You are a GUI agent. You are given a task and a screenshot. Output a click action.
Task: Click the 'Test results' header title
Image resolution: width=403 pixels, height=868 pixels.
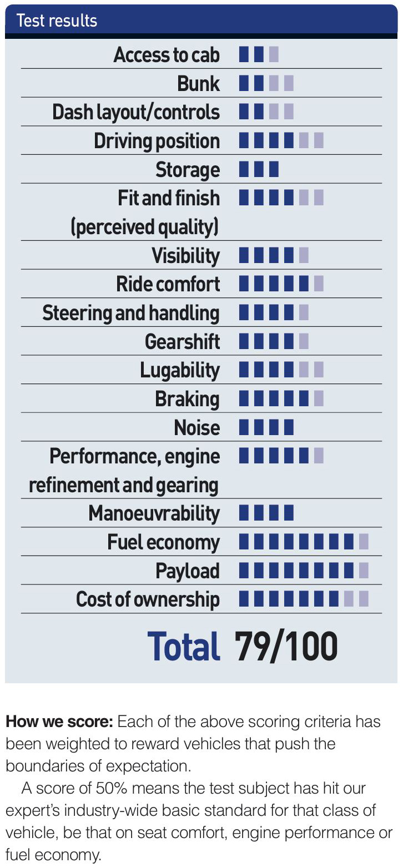click(x=57, y=21)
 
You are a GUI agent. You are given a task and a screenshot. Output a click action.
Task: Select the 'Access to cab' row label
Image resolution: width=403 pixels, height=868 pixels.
click(x=167, y=55)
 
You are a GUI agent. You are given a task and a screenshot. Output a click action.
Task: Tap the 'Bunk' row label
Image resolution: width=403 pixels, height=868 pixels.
click(x=198, y=84)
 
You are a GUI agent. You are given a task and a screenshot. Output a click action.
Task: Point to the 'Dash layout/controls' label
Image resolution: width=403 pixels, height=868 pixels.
click(x=136, y=112)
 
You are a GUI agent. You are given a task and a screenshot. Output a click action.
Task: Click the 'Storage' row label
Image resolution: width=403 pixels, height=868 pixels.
click(x=188, y=170)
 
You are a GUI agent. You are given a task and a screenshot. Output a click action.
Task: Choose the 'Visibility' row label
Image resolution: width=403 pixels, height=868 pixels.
click(x=185, y=256)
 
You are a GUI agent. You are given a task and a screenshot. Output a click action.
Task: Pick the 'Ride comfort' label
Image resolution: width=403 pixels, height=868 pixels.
click(x=168, y=284)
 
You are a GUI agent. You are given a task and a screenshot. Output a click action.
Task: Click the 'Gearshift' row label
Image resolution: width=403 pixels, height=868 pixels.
click(x=182, y=341)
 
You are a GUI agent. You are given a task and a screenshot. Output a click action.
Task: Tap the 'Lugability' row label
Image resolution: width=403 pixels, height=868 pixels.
click(x=180, y=370)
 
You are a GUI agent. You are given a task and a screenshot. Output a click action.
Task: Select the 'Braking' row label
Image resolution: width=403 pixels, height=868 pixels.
click(x=187, y=399)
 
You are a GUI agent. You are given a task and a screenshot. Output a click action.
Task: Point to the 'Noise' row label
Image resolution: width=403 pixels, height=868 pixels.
click(x=197, y=428)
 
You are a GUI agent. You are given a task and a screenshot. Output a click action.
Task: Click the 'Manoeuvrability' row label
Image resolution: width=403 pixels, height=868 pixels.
click(x=154, y=513)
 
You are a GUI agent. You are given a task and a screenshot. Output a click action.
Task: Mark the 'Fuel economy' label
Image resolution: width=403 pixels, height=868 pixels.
click(x=163, y=542)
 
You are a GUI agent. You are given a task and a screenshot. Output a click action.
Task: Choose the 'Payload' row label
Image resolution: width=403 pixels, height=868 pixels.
click(x=187, y=571)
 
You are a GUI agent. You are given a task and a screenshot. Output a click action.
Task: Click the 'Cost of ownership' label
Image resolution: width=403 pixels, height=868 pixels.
click(x=148, y=600)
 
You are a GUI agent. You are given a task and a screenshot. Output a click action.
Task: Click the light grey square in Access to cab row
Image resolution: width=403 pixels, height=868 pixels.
click(x=273, y=54)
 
